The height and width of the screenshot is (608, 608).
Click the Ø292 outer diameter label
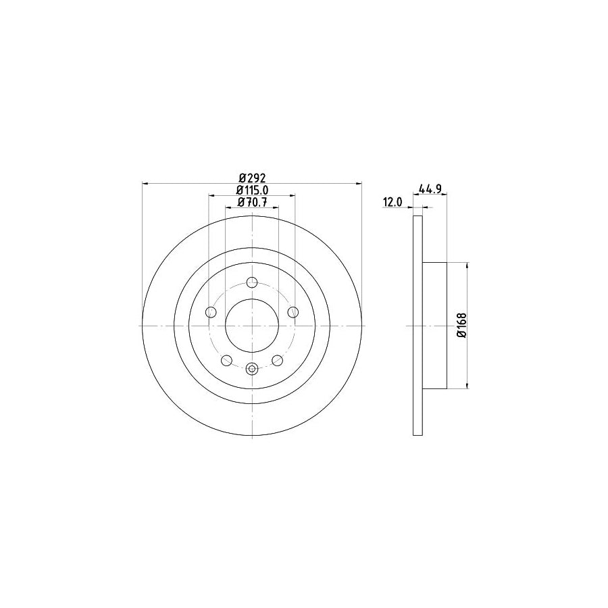coord(252,178)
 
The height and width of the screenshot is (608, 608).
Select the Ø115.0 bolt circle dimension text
coord(252,191)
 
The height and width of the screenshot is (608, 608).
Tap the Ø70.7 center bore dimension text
coord(252,203)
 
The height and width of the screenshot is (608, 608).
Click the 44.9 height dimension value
coord(430,190)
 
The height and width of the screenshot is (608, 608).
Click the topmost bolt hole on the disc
coord(252,282)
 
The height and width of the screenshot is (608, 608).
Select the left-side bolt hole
coord(210,312)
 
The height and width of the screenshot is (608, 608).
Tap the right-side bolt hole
coord(293,312)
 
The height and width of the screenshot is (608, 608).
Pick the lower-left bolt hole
coord(226,359)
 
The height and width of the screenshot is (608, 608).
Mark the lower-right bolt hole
coord(278,359)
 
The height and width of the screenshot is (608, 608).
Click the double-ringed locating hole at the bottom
coord(252,369)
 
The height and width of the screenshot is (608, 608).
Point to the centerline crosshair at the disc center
coord(252,326)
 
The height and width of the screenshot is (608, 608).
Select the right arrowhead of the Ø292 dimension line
coord(359,183)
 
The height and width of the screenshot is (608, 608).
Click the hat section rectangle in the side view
coord(434,326)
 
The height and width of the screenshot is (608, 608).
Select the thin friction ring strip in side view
coord(417,326)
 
